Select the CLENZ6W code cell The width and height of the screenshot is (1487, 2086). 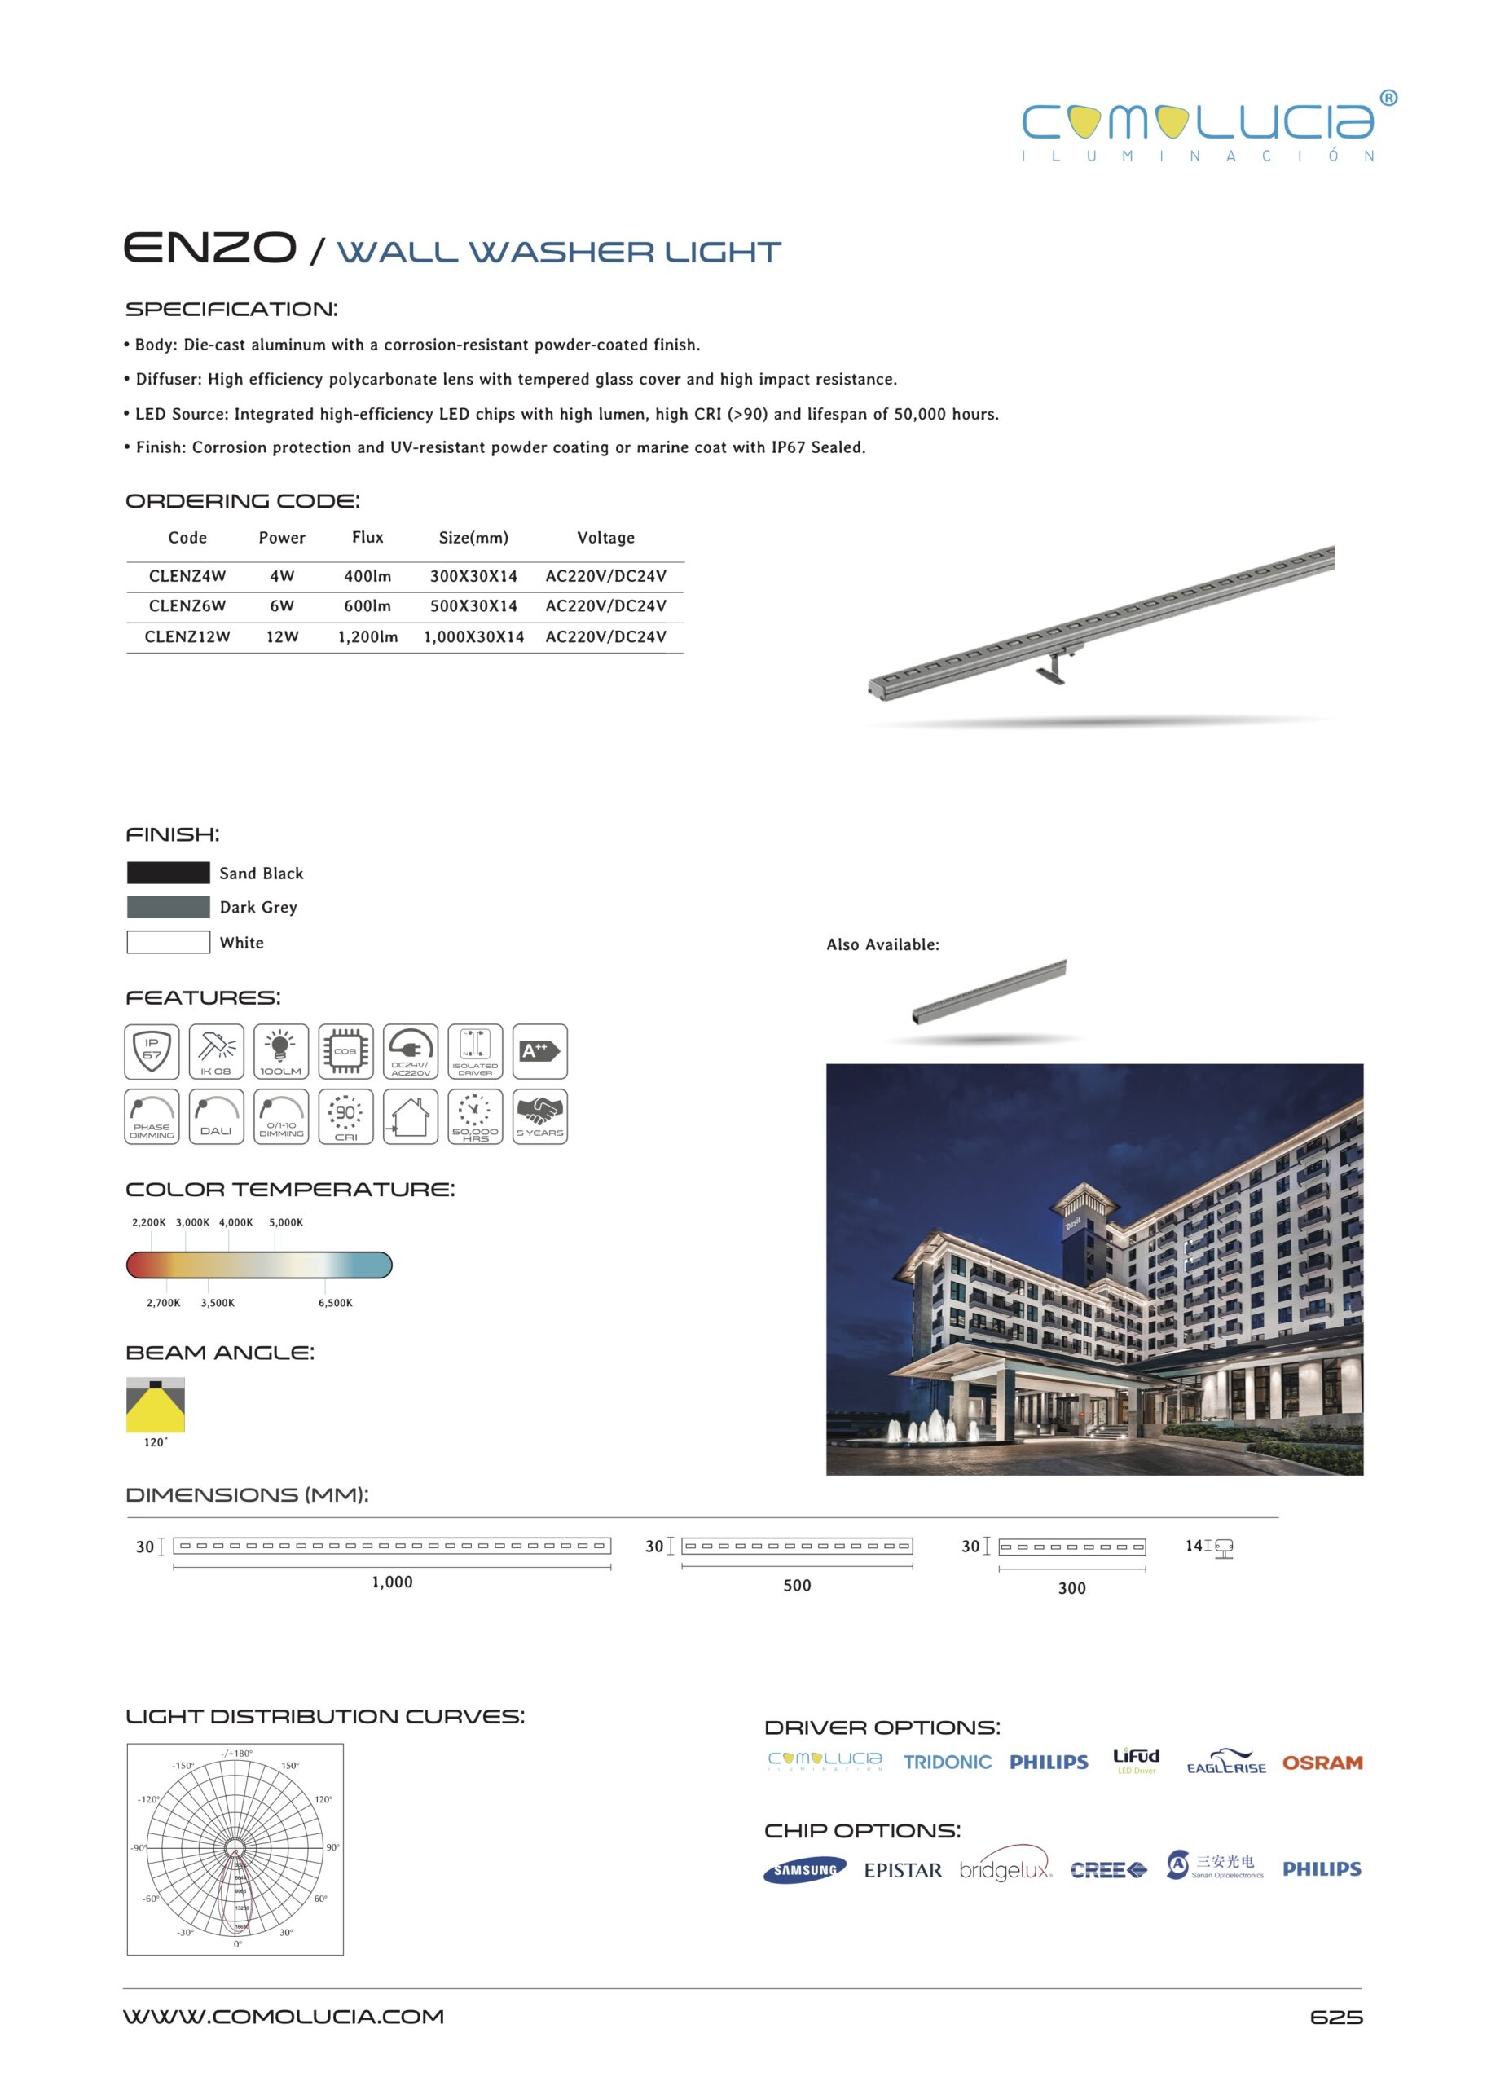pos(187,606)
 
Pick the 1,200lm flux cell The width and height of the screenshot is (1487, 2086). pos(367,637)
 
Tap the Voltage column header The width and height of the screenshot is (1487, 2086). pos(605,538)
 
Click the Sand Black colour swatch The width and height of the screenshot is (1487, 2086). pos(169,873)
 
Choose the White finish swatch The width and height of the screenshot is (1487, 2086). pos(169,942)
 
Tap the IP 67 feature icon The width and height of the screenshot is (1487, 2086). pos(152,1051)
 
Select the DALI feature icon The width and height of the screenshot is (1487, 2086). pos(216,1116)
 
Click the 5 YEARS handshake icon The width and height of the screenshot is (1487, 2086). pos(539,1116)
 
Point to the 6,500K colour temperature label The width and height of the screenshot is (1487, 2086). pos(335,1303)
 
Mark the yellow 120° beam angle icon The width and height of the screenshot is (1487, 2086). pos(156,1405)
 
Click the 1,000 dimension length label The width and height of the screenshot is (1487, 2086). pos(392,1582)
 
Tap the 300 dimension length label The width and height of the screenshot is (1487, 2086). pos(1071,1589)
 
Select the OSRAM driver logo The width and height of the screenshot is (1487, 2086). pos(1322,1763)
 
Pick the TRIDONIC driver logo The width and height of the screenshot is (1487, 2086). pos(948,1762)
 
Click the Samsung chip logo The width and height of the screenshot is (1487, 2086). pos(805,1870)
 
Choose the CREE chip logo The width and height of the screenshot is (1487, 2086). pos(1108,1870)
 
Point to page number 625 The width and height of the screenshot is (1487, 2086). pos(1336,2018)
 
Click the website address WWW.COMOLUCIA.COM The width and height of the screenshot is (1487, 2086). pos(284,2017)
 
